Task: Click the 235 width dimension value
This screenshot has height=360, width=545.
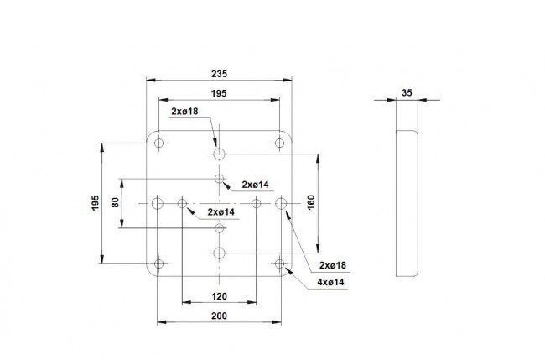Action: (x=219, y=74)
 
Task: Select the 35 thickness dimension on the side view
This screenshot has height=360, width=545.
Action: (x=407, y=93)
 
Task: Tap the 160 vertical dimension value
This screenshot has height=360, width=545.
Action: (x=311, y=202)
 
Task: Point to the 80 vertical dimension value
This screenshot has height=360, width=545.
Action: (x=116, y=202)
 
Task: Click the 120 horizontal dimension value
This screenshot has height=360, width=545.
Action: (x=219, y=296)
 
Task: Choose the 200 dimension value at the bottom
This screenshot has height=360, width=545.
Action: (x=219, y=316)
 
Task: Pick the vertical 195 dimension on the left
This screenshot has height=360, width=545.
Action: (x=96, y=202)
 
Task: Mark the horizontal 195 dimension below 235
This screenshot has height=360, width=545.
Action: (x=219, y=93)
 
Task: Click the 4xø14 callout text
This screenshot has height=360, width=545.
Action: (x=330, y=282)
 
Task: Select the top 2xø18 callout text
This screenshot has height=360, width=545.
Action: (x=184, y=111)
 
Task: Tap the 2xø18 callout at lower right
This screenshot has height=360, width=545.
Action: (x=333, y=265)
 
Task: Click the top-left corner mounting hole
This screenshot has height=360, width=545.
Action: (x=158, y=143)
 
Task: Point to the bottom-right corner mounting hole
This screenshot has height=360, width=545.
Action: (x=279, y=263)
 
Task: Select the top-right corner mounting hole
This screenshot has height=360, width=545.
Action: (x=279, y=143)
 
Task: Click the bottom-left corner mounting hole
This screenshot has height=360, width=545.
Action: (x=158, y=263)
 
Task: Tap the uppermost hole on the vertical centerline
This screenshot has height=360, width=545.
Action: (x=219, y=154)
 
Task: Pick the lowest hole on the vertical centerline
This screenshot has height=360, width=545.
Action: (x=219, y=253)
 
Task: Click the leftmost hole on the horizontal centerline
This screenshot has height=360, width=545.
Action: (x=158, y=203)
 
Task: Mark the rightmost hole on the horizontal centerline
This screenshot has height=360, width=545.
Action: (x=281, y=203)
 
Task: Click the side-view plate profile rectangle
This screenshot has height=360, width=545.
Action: (x=397, y=203)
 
